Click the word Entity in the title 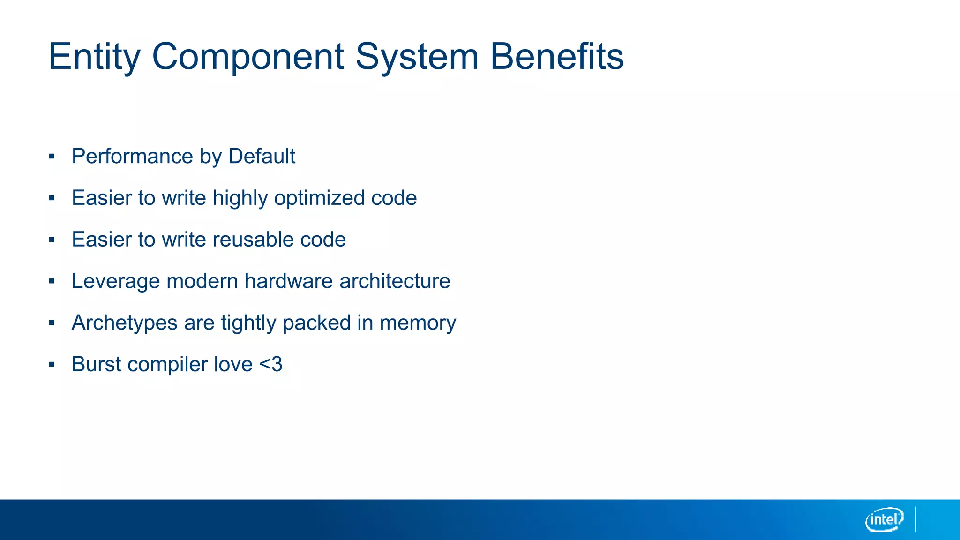pyautogui.click(x=94, y=57)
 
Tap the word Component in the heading pyautogui.click(x=248, y=57)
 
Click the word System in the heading pyautogui.click(x=417, y=57)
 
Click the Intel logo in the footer pyautogui.click(x=884, y=519)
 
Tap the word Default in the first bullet pyautogui.click(x=262, y=156)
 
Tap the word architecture pyautogui.click(x=395, y=281)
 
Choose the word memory pyautogui.click(x=418, y=323)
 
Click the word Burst pyautogui.click(x=97, y=364)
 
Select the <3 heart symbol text pyautogui.click(x=270, y=364)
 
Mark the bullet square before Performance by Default pyautogui.click(x=52, y=157)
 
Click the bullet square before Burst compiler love pyautogui.click(x=52, y=365)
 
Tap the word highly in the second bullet pyautogui.click(x=240, y=198)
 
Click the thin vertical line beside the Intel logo pyautogui.click(x=915, y=519)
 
